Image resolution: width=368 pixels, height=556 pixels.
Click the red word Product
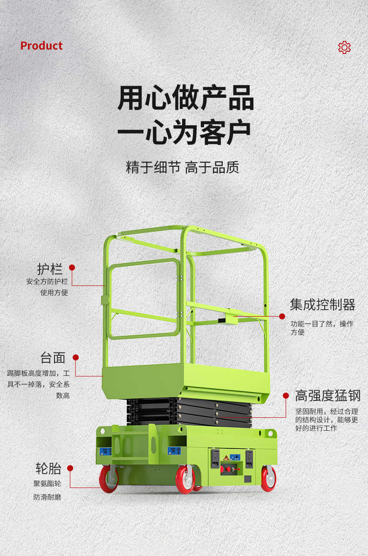41,46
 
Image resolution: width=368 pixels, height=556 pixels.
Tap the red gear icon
344,47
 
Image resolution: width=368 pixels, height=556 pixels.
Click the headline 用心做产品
185,97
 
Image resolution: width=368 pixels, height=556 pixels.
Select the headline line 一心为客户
184,132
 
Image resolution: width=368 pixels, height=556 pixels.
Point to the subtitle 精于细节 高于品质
183,167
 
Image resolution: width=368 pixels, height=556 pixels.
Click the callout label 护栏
50,269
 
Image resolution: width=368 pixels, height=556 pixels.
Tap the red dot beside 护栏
72,267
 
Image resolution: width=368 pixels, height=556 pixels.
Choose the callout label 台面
53,358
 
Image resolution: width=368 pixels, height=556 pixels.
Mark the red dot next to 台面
75,358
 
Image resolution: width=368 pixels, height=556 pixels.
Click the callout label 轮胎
48,468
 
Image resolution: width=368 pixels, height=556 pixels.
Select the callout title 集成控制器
322,305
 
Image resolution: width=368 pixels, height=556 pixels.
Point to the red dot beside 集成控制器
282,316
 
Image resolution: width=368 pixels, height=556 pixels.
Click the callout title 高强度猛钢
327,396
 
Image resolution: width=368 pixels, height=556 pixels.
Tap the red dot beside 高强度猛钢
286,395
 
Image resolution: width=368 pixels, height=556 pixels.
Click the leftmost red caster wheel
109,479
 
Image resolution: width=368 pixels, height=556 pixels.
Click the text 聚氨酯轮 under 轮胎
47,484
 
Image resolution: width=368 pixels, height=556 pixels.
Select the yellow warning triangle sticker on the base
225,457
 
